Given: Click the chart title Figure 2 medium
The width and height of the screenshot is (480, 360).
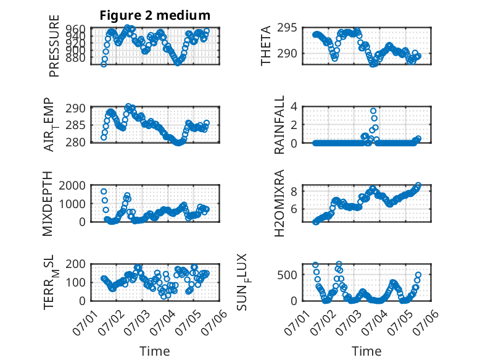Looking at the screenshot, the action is [x=155, y=15].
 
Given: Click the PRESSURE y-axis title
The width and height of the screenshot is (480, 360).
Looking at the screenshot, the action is [x=54, y=46].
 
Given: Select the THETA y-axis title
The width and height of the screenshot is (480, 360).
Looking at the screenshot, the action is [x=266, y=46].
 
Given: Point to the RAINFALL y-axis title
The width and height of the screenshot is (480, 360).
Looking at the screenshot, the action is [x=279, y=125].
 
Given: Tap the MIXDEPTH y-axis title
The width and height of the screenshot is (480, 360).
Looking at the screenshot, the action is [x=48, y=204].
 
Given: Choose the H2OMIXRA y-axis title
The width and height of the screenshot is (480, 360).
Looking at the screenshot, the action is [x=279, y=203].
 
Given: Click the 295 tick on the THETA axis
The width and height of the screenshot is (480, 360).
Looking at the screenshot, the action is [x=287, y=28].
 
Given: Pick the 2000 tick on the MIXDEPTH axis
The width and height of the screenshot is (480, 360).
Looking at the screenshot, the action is [x=72, y=185].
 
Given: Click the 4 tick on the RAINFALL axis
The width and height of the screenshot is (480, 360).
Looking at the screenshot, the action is [x=294, y=107].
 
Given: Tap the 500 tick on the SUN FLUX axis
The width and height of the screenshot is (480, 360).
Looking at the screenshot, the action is [x=287, y=275].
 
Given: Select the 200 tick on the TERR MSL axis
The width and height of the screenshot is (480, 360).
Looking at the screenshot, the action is [x=76, y=264].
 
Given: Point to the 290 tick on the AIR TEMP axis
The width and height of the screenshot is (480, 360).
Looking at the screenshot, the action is [x=76, y=108].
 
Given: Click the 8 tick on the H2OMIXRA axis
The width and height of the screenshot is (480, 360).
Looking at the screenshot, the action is [x=294, y=191].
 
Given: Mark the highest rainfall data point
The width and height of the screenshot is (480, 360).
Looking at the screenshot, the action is [x=373, y=111].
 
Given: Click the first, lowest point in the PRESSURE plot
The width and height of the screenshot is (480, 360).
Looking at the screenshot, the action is [x=104, y=64].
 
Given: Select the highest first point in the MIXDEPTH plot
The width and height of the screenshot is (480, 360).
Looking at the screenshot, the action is [x=104, y=191].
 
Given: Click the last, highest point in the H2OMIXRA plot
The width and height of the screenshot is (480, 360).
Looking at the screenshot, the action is [x=418, y=185].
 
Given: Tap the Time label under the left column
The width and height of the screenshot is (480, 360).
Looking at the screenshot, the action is [x=155, y=351].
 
